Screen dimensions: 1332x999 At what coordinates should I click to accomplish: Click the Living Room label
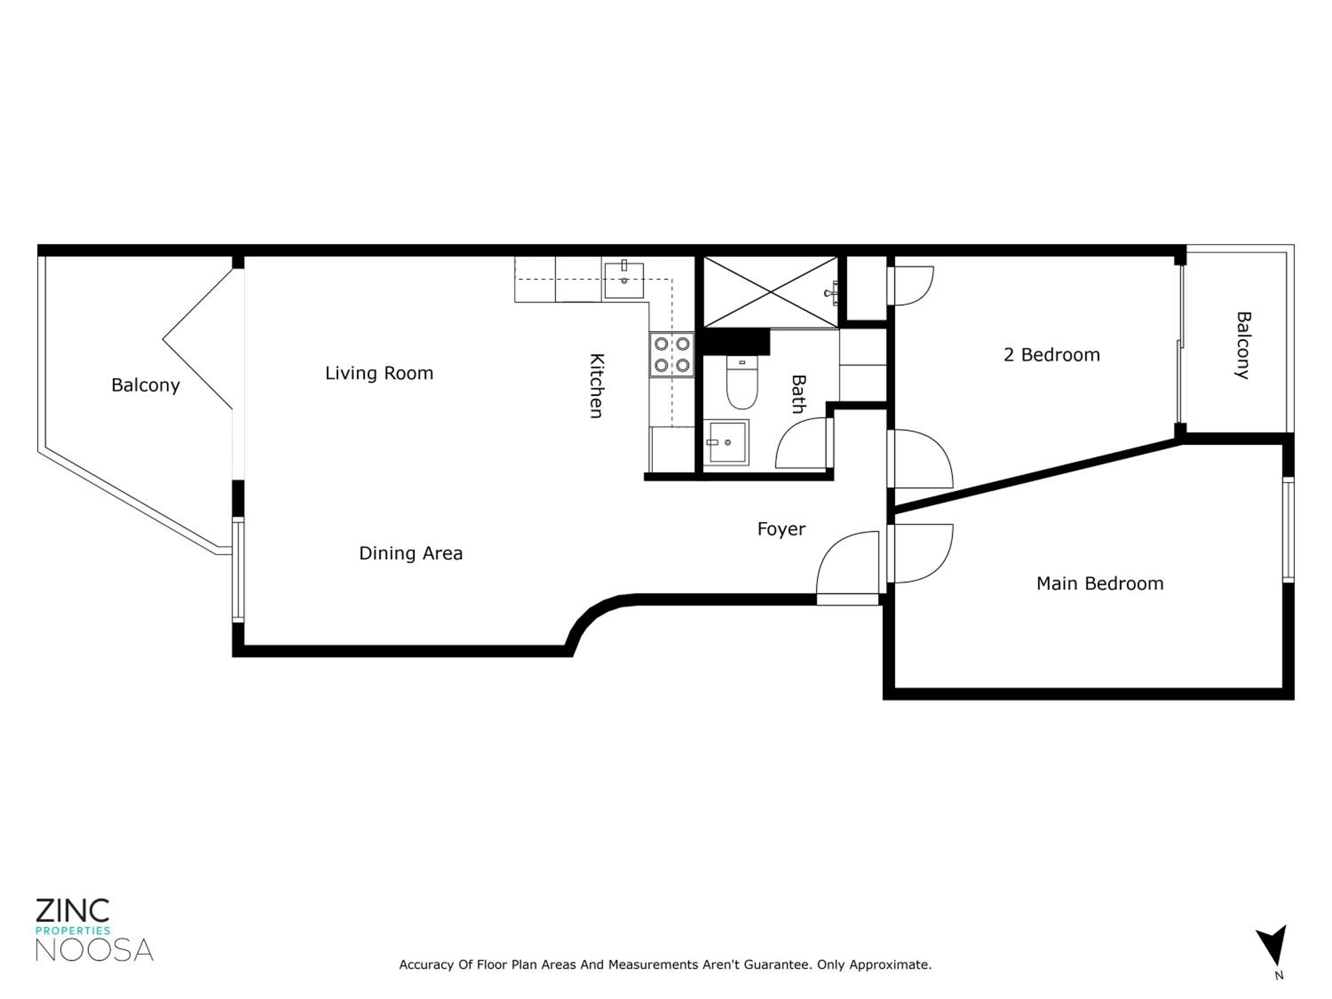(379, 373)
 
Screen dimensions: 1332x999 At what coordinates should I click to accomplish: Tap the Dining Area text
(411, 553)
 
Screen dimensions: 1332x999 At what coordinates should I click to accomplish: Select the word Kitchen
(596, 386)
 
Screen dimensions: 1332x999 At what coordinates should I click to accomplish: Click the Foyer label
(781, 530)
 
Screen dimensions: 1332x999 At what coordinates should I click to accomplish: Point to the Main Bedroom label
(1099, 583)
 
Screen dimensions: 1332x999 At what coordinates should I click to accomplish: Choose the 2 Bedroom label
(1051, 355)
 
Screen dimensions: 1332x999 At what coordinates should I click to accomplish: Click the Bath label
(798, 394)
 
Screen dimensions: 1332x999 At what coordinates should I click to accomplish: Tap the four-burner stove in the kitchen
(671, 355)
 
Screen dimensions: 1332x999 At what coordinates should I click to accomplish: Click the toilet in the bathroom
(742, 382)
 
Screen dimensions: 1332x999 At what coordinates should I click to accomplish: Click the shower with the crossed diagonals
(771, 293)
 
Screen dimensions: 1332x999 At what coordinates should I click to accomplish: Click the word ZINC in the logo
(73, 911)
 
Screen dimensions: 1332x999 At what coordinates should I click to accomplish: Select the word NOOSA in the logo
(95, 950)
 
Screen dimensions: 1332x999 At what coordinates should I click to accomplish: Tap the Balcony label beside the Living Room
(146, 386)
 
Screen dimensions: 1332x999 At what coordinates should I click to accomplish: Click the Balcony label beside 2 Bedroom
(1243, 345)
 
